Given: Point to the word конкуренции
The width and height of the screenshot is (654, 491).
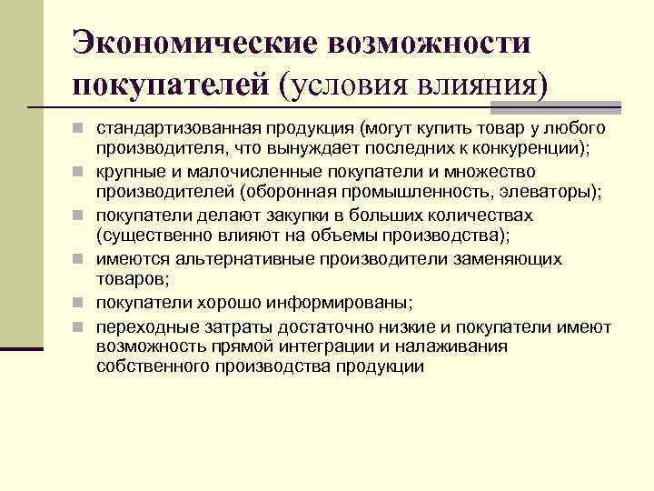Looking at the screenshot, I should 525,149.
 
